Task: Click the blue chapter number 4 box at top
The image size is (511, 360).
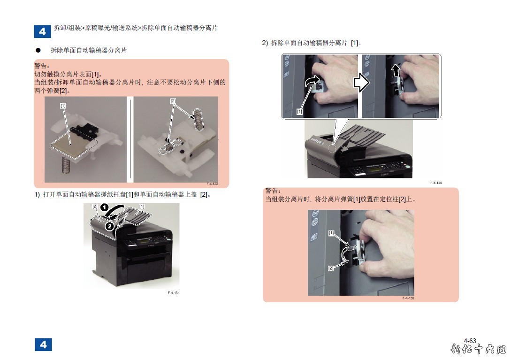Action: click(x=42, y=31)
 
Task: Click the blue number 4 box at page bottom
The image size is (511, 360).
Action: click(x=43, y=345)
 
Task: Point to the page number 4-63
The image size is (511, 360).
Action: click(x=470, y=341)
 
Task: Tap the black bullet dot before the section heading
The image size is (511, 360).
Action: click(x=38, y=50)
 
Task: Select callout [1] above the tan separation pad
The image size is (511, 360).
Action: click(x=63, y=106)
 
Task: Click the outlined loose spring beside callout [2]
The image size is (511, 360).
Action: click(x=198, y=119)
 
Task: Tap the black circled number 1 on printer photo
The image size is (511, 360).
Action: click(x=104, y=207)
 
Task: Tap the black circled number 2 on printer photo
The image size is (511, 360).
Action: click(x=110, y=226)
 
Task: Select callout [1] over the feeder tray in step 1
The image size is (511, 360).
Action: click(x=142, y=207)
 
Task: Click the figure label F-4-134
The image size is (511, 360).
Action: click(x=173, y=293)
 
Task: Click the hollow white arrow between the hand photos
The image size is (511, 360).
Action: click(x=361, y=83)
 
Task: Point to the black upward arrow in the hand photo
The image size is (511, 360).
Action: click(x=396, y=70)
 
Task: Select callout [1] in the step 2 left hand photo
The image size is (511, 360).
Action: click(x=299, y=112)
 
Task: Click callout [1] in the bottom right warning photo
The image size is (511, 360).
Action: click(x=331, y=233)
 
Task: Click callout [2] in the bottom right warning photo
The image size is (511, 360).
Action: click(x=331, y=268)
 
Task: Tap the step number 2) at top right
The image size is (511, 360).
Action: click(x=265, y=43)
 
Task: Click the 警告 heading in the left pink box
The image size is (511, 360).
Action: click(x=42, y=66)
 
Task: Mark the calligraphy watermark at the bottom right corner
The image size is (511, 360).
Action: click(x=478, y=349)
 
